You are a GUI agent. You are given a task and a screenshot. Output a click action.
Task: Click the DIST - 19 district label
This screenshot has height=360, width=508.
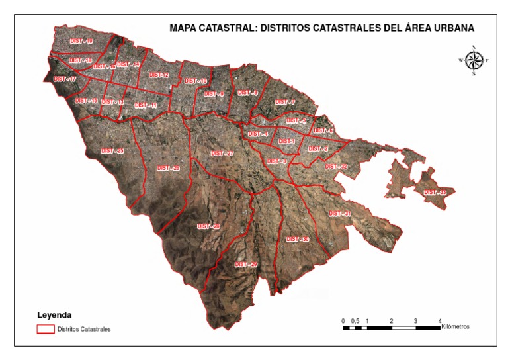pyautogui.click(x=81, y=42)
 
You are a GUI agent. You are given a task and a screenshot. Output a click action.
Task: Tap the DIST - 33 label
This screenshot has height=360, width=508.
pyautogui.click(x=435, y=192)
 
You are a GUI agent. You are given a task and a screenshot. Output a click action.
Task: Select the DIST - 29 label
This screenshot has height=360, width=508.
pyautogui.click(x=245, y=265)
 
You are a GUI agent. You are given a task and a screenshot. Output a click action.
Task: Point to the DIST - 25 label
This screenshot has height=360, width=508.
pyautogui.click(x=112, y=151)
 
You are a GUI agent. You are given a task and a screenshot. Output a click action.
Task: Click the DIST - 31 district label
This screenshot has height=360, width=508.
pyautogui.click(x=339, y=214)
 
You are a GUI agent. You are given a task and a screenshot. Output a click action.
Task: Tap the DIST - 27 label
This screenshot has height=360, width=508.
pyautogui.click(x=222, y=154)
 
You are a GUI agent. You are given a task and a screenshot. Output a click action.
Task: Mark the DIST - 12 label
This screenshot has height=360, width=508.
pyautogui.click(x=159, y=75)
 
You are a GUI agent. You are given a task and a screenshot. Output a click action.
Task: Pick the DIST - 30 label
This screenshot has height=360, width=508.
pyautogui.click(x=298, y=239)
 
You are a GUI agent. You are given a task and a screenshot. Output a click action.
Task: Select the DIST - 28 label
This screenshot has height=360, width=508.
pyautogui.click(x=208, y=227)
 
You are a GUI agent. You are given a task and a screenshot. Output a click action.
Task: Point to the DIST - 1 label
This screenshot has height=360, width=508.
pyautogui.click(x=286, y=141)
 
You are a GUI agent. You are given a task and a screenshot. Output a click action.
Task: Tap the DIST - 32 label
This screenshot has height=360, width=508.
pyautogui.click(x=336, y=167)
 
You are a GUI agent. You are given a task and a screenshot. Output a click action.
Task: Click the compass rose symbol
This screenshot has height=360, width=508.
pyautogui.click(x=474, y=60)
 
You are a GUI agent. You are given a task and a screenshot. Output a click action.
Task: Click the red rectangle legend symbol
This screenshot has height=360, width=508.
pyautogui.click(x=45, y=328)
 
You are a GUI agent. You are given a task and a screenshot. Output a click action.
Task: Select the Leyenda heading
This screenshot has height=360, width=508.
pyautogui.click(x=54, y=314)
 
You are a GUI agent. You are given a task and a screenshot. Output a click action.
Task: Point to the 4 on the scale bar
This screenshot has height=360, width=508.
pyautogui.click(x=440, y=320)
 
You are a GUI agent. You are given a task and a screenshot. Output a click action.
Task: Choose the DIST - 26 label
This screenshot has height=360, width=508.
pyautogui.click(x=168, y=168)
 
